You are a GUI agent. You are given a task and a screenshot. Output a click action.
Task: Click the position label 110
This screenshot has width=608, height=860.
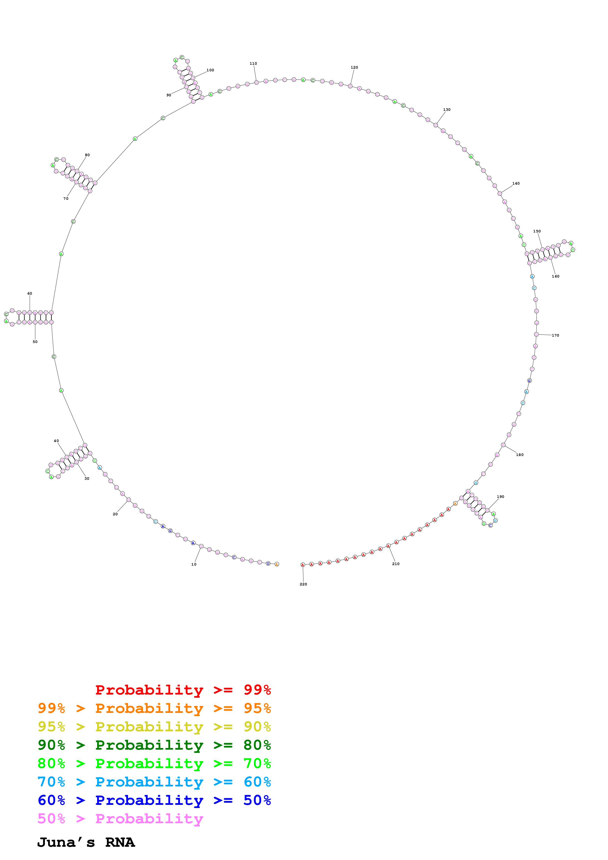click(253, 64)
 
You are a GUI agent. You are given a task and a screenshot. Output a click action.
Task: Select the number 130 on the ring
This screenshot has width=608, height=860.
click(447, 110)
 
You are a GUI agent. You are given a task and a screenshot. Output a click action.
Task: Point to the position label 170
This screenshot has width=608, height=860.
click(555, 335)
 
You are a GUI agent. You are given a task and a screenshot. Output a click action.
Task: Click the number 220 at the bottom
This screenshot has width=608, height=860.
click(303, 584)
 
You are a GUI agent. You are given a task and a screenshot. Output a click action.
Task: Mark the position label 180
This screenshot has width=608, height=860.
click(520, 455)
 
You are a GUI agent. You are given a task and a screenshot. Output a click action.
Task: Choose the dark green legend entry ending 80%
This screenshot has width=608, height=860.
click(154, 745)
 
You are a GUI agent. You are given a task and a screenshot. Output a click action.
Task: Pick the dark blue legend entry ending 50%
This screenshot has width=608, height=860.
click(154, 800)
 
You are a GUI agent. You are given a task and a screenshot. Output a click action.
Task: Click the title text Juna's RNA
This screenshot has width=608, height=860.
click(86, 842)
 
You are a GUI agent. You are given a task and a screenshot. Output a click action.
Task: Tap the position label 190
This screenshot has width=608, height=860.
click(501, 497)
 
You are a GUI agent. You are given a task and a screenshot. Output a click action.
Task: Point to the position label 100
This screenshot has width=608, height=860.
click(210, 70)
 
